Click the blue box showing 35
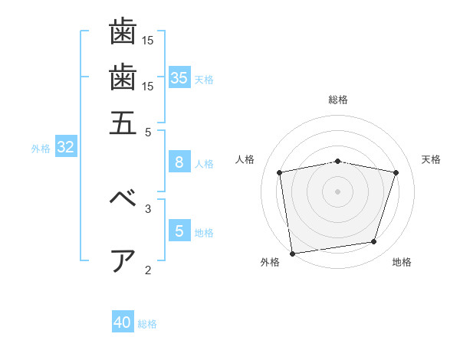pyautogui.click(x=179, y=77)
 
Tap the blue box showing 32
pyautogui.click(x=66, y=146)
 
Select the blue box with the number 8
pyautogui.click(x=179, y=162)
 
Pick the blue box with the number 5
pyautogui.click(x=179, y=230)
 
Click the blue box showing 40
pyautogui.click(x=123, y=321)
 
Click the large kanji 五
pyautogui.click(x=123, y=123)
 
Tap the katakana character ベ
pyautogui.click(x=123, y=197)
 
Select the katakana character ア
pyautogui.click(x=123, y=261)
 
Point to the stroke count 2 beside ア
pyautogui.click(x=148, y=270)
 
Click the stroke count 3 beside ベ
pyautogui.click(x=148, y=209)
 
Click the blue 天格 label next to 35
pyautogui.click(x=204, y=80)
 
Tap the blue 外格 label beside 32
pyautogui.click(x=41, y=149)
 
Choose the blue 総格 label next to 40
pyautogui.click(x=147, y=324)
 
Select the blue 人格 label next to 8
pyautogui.click(x=204, y=164)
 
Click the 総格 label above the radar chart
pyautogui.click(x=338, y=100)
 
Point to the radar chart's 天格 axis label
pyautogui.click(x=431, y=159)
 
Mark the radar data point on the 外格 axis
pyautogui.click(x=292, y=254)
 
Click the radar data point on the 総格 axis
pyautogui.click(x=337, y=162)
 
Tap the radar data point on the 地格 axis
pyautogui.click(x=374, y=241)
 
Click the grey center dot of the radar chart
pyautogui.click(x=337, y=191)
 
